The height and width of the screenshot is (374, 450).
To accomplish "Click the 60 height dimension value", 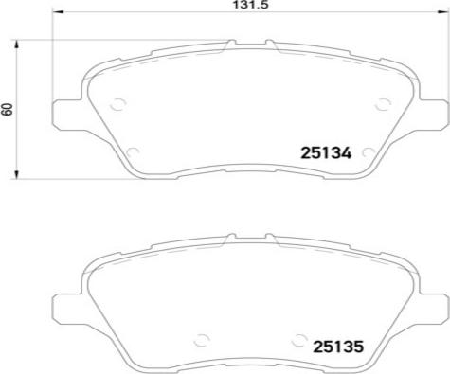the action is [x=7, y=109].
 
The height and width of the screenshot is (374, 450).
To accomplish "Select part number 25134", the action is [x=326, y=153].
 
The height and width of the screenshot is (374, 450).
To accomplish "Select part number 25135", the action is [x=338, y=347].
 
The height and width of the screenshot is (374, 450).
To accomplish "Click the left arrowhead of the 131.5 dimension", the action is [x=58, y=12].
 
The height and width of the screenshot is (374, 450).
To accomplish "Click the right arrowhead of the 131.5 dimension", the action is [x=442, y=12].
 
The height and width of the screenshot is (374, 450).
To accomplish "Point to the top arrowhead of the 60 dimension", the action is [x=17, y=45].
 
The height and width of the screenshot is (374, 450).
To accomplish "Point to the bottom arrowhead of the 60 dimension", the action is [x=17, y=173].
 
